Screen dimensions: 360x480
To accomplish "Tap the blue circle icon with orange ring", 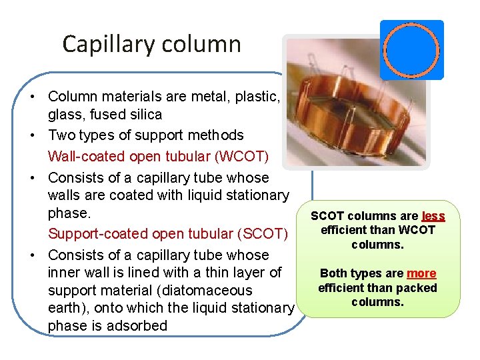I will coord(411,50).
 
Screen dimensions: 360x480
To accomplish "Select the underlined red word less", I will coord(433,216).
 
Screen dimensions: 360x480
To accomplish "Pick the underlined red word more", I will coord(421,273).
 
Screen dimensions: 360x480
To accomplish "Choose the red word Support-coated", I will coord(99,234).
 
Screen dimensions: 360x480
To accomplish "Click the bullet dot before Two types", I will coord(32,135).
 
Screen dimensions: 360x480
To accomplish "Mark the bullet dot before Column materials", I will coord(32,97).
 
